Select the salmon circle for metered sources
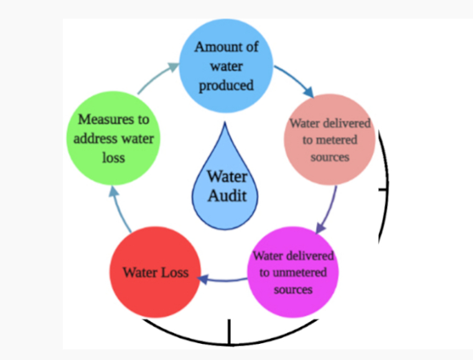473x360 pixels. click(330, 140)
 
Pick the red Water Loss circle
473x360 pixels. click(155, 273)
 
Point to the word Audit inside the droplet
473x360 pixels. click(227, 196)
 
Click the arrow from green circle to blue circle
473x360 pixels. click(156, 78)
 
